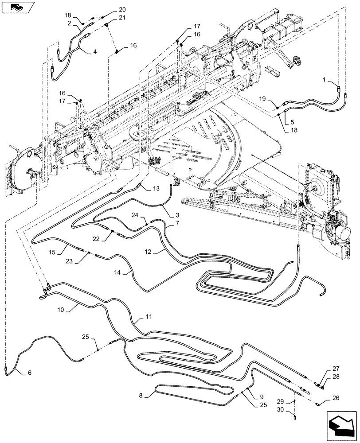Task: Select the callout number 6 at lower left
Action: pyautogui.click(x=29, y=373)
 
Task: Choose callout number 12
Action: pyautogui.click(x=148, y=252)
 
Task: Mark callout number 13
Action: pyautogui.click(x=156, y=189)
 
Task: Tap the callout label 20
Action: pyautogui.click(x=110, y=10)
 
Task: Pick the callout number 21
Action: pyautogui.click(x=110, y=18)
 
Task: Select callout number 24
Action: pyautogui.click(x=135, y=215)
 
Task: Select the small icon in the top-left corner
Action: pyautogui.click(x=17, y=7)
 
